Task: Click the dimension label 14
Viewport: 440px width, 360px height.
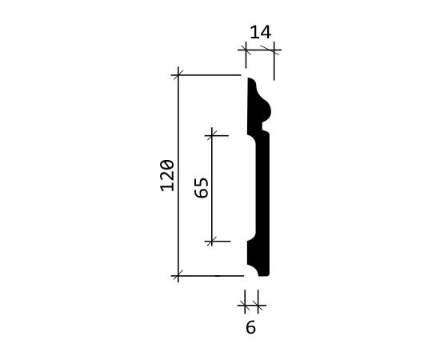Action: (261, 32)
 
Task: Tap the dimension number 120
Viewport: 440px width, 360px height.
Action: (167, 176)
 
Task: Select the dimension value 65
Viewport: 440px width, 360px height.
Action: (202, 188)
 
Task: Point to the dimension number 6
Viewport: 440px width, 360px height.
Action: (250, 327)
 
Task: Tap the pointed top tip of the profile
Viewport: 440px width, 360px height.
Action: (249, 79)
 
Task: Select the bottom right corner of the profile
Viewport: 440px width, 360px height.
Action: (269, 275)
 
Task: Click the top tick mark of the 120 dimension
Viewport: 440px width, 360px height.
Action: (178, 75)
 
